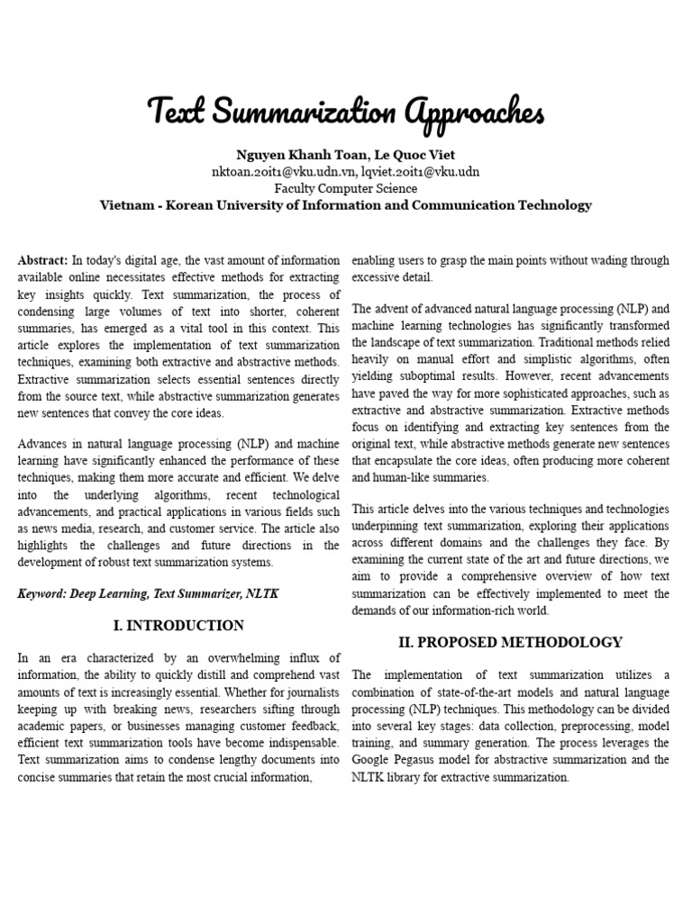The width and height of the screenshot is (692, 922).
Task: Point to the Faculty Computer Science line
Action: pyautogui.click(x=346, y=188)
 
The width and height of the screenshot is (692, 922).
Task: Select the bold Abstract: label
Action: pyautogui.click(x=42, y=260)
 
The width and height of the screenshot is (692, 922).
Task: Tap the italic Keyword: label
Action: pyautogui.click(x=44, y=594)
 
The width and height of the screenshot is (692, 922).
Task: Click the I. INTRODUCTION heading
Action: pyautogui.click(x=178, y=626)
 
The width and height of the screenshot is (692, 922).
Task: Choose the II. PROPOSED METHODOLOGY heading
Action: pyautogui.click(x=510, y=642)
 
